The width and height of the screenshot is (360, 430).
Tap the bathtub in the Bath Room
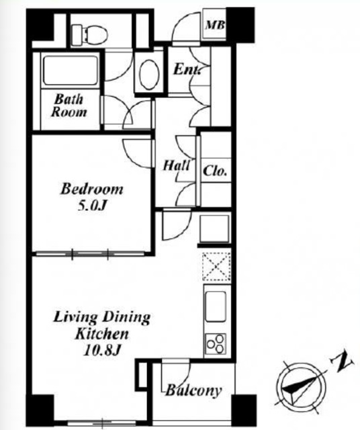coord(71,70)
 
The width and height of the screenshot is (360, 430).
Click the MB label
coord(215,26)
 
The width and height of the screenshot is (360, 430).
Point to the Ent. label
coord(187,69)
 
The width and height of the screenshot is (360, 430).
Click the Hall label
coord(176,165)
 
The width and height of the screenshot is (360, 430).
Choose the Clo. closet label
coord(215,171)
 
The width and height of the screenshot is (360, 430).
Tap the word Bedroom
coord(91,189)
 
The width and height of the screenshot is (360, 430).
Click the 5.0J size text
coord(91,206)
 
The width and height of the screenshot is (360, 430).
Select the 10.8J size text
coord(103,350)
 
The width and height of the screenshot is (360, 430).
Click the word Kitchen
coord(101,334)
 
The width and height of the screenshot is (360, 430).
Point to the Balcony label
coord(193,390)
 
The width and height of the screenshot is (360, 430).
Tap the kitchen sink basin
coord(216,306)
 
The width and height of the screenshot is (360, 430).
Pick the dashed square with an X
coord(216,267)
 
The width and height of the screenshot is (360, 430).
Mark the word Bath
coord(69,99)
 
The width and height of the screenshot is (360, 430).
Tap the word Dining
coord(126,317)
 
